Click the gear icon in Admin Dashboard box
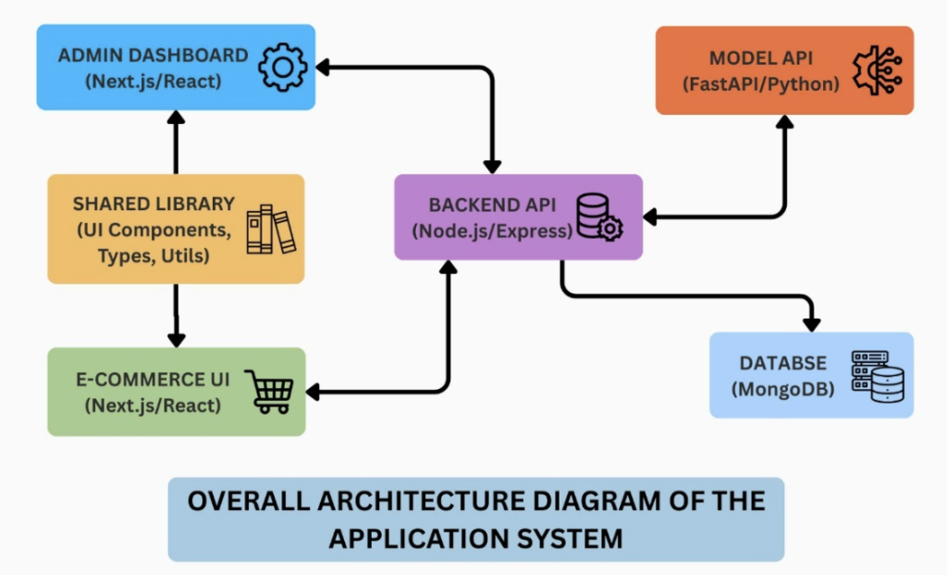[x=282, y=68]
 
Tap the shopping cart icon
[x=268, y=391]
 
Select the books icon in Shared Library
[x=270, y=230]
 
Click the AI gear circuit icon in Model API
[x=877, y=70]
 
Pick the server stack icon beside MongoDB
[x=877, y=376]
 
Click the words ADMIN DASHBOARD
[x=153, y=56]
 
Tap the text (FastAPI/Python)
[x=760, y=83]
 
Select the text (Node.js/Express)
[x=492, y=231]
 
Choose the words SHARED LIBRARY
[x=154, y=203]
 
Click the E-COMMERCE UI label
[x=154, y=379]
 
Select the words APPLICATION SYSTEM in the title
[x=475, y=537]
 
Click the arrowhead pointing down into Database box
[x=812, y=323]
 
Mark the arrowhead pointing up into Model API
[x=785, y=122]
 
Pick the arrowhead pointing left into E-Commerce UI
[x=313, y=392]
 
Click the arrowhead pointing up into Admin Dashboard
[x=176, y=117]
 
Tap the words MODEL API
[x=760, y=57]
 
